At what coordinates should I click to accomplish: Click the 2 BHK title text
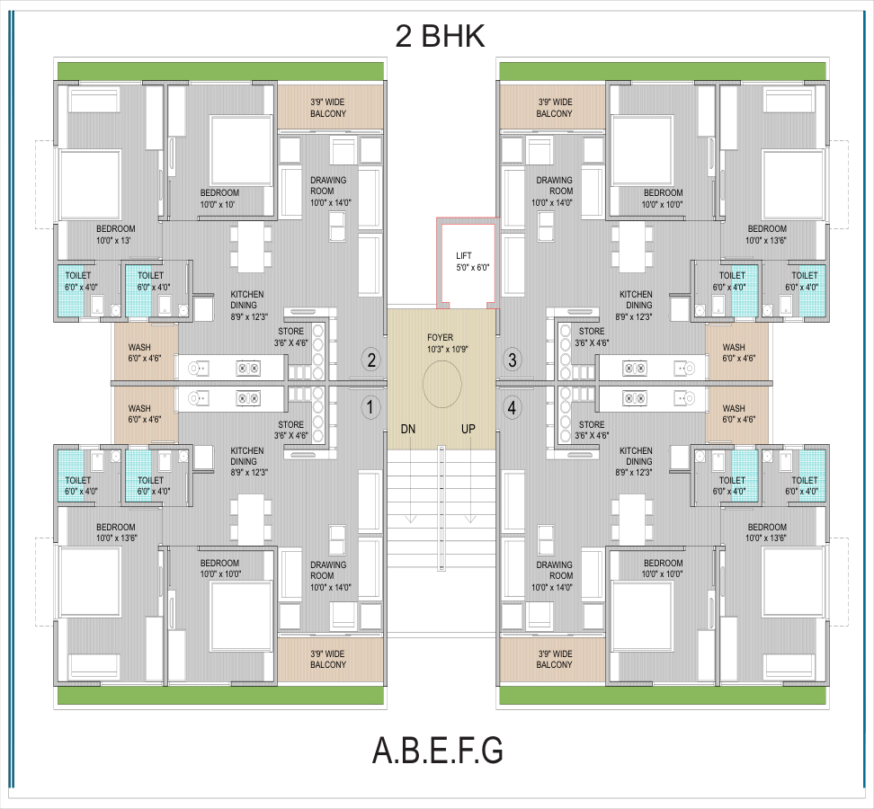(x=440, y=36)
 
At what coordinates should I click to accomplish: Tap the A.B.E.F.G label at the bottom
(x=438, y=751)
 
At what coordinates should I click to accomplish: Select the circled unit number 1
(x=370, y=406)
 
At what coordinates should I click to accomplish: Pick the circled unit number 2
(x=370, y=360)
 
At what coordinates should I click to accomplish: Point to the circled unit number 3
(x=513, y=360)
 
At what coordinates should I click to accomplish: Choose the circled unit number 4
(x=513, y=408)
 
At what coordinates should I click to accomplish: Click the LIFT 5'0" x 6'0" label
(x=472, y=262)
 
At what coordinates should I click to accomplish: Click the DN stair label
(x=408, y=429)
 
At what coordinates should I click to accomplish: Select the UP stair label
(x=468, y=429)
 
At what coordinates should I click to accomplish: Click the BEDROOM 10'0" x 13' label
(x=115, y=235)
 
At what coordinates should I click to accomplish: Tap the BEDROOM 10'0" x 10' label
(x=219, y=199)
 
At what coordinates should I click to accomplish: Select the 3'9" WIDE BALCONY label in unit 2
(x=328, y=108)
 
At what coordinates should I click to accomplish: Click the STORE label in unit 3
(x=592, y=337)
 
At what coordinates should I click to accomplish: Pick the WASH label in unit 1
(x=145, y=413)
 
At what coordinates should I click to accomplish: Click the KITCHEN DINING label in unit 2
(x=248, y=305)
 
